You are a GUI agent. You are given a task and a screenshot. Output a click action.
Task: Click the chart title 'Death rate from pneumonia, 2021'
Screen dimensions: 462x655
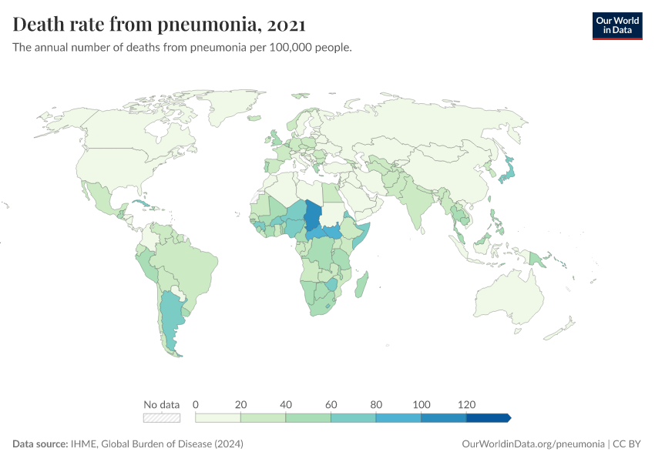[160, 25]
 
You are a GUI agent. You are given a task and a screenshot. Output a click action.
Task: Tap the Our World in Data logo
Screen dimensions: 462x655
[616, 25]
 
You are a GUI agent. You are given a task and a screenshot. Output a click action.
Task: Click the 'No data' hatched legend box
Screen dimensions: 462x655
[162, 417]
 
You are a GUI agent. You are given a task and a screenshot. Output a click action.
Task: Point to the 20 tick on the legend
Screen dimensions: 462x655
[240, 404]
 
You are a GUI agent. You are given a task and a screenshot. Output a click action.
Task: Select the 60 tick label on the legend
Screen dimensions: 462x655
[331, 404]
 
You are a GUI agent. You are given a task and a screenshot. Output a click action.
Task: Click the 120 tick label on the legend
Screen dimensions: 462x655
[466, 404]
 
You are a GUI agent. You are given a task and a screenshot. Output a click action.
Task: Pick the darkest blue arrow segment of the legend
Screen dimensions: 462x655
[488, 417]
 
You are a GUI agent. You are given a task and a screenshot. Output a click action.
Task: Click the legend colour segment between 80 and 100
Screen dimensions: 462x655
[398, 417]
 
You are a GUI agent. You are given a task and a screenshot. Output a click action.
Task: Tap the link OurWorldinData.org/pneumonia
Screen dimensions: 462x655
[532, 444]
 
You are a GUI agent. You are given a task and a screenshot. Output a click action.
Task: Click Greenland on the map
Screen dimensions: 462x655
[231, 115]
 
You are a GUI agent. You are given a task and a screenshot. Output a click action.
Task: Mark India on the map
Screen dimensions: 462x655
[416, 200]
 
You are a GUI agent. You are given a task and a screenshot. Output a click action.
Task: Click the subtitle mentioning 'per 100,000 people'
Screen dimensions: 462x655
[183, 48]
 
